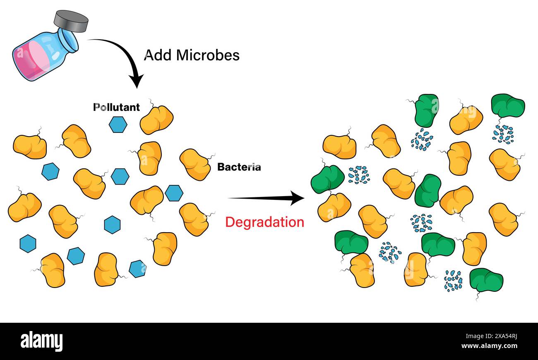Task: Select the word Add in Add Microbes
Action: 156,55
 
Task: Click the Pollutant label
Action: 116,107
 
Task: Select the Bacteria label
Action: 239,167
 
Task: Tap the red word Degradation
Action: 264,222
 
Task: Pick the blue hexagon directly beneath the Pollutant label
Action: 118,125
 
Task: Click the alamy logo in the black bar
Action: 42,341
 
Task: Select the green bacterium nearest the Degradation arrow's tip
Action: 327,179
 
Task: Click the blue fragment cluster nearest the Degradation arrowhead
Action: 358,175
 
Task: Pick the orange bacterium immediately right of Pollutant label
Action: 156,120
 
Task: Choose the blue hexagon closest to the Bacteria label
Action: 174,193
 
